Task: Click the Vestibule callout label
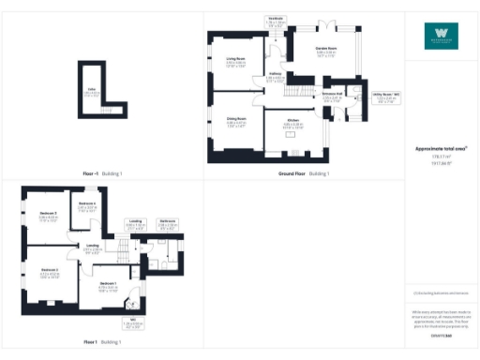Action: click(x=277, y=20)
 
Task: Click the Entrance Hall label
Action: click(x=332, y=97)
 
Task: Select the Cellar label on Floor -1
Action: click(x=92, y=92)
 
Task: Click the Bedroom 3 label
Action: click(x=48, y=217)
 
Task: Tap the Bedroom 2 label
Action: click(x=50, y=272)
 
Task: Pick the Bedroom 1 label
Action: click(x=108, y=285)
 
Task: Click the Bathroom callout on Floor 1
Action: click(x=167, y=223)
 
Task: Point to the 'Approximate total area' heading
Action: click(x=441, y=148)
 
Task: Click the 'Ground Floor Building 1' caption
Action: click(x=303, y=174)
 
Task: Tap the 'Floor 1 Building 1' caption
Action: click(x=102, y=342)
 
